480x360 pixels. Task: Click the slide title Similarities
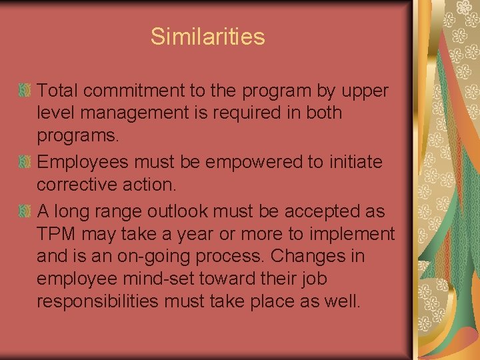coord(207,36)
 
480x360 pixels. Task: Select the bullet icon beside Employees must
coord(24,162)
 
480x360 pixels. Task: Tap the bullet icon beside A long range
coord(24,211)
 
